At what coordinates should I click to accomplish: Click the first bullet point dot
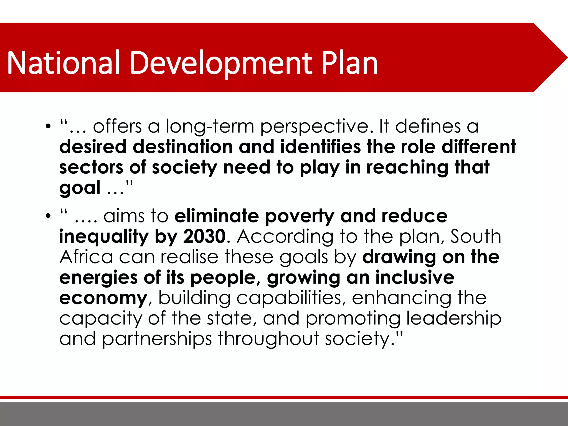48,126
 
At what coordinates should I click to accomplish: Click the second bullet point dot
48,216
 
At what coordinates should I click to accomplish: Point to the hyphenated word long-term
210,126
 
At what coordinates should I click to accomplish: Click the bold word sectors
91,167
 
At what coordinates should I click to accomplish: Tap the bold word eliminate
217,216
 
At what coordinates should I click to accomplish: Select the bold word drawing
399,257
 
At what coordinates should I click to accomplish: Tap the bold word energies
98,277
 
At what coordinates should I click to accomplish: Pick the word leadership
454,318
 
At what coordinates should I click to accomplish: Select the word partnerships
157,339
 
